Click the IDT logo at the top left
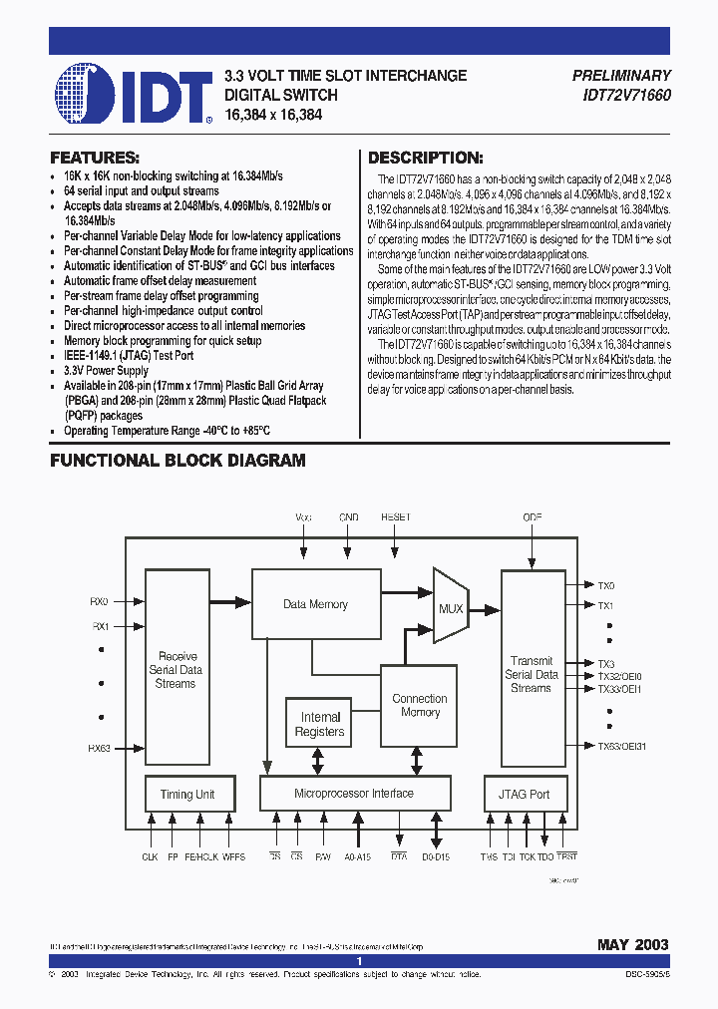point(134,94)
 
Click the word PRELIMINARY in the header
point(621,75)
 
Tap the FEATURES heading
point(95,158)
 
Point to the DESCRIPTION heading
point(426,158)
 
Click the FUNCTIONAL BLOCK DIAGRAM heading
point(178,461)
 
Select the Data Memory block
point(315,604)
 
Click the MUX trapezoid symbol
point(451,606)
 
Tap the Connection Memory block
point(419,705)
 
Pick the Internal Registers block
point(319,724)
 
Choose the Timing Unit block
point(187,795)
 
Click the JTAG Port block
point(524,795)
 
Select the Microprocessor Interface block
point(353,794)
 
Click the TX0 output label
point(606,586)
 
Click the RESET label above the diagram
point(396,518)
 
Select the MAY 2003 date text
point(632,944)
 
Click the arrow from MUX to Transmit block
point(485,606)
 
